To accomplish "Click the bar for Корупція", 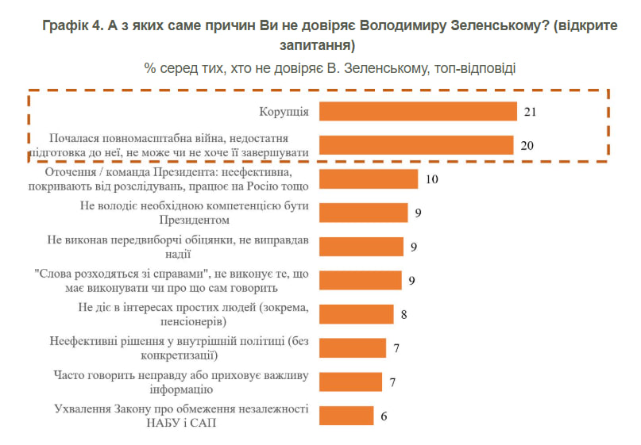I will [418, 112].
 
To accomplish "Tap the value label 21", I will [531, 112].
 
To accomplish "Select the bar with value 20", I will [415, 145].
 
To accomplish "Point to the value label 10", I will [432, 179].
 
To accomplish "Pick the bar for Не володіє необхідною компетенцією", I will [363, 213].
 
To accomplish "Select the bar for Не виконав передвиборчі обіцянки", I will [361, 247].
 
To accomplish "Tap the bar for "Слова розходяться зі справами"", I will [361, 280].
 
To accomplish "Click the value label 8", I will [404, 314].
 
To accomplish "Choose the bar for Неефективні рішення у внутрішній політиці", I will [352, 348].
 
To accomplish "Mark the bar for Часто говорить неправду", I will [350, 382].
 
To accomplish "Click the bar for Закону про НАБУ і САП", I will [346, 416].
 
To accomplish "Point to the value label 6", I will [384, 416].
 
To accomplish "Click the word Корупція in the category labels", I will [284, 112].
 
